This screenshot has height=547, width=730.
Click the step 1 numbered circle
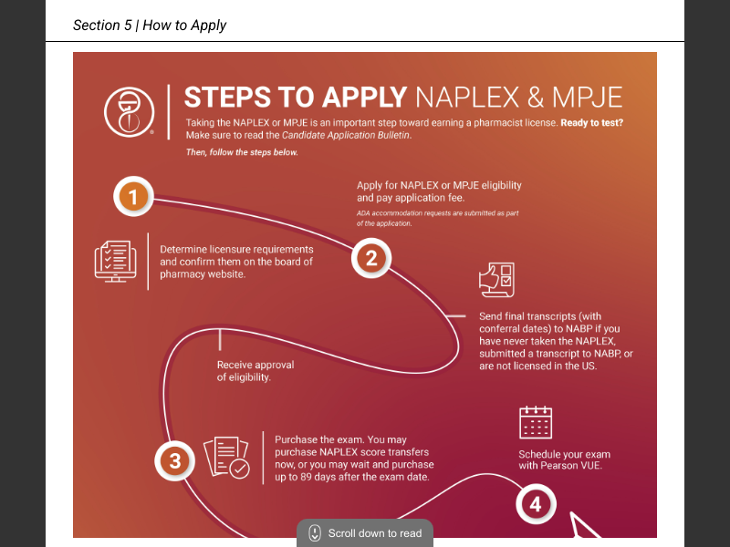(x=133, y=196)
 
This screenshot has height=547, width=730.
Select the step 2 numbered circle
(x=371, y=258)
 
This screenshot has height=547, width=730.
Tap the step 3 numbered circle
(x=175, y=461)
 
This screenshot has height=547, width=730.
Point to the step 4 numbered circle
(x=536, y=504)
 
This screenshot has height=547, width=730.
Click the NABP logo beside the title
(x=130, y=113)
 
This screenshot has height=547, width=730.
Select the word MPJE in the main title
(x=587, y=98)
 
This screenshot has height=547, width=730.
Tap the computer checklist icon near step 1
(x=116, y=261)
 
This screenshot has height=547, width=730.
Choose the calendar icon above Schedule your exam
(x=536, y=423)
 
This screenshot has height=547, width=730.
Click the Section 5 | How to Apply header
(x=150, y=26)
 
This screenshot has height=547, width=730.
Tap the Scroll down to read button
(x=365, y=533)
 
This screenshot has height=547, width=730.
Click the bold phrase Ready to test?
(x=591, y=122)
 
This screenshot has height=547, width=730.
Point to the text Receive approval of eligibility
(x=255, y=371)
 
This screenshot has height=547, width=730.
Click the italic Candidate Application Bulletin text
(x=347, y=135)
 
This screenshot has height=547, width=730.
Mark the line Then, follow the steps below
(x=241, y=152)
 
